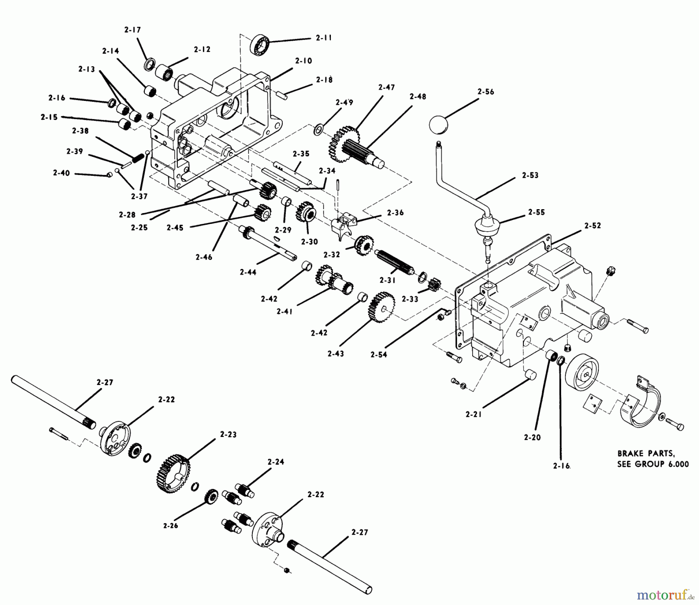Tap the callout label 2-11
[323, 38]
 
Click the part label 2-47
[386, 87]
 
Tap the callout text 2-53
[530, 175]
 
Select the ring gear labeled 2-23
[174, 473]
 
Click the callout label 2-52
[592, 225]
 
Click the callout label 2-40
[61, 173]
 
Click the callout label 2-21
[473, 414]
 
